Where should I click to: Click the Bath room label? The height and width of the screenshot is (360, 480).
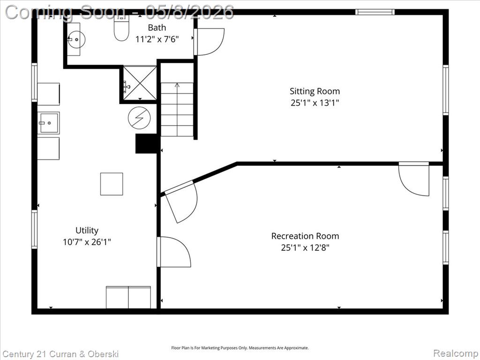click(157, 28)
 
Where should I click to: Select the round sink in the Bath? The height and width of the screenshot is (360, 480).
click(76, 39)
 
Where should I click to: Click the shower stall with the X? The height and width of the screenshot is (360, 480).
click(140, 83)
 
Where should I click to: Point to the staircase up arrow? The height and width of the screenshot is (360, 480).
click(177, 109)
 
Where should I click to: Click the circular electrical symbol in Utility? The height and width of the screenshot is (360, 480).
click(139, 118)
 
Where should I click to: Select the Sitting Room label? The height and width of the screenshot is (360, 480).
click(315, 91)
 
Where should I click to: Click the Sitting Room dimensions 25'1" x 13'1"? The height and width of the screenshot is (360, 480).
click(315, 103)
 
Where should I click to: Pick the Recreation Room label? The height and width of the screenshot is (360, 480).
click(305, 236)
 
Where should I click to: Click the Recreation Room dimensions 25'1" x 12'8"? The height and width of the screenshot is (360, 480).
click(305, 247)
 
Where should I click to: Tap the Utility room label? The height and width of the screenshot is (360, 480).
click(87, 231)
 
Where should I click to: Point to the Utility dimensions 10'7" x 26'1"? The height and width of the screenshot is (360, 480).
click(87, 242)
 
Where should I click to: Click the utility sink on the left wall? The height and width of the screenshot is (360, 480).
click(49, 123)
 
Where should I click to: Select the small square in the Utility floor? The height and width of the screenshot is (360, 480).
click(112, 184)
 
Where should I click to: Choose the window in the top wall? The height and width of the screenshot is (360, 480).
click(375, 12)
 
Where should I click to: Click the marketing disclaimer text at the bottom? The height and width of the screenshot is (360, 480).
click(240, 348)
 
